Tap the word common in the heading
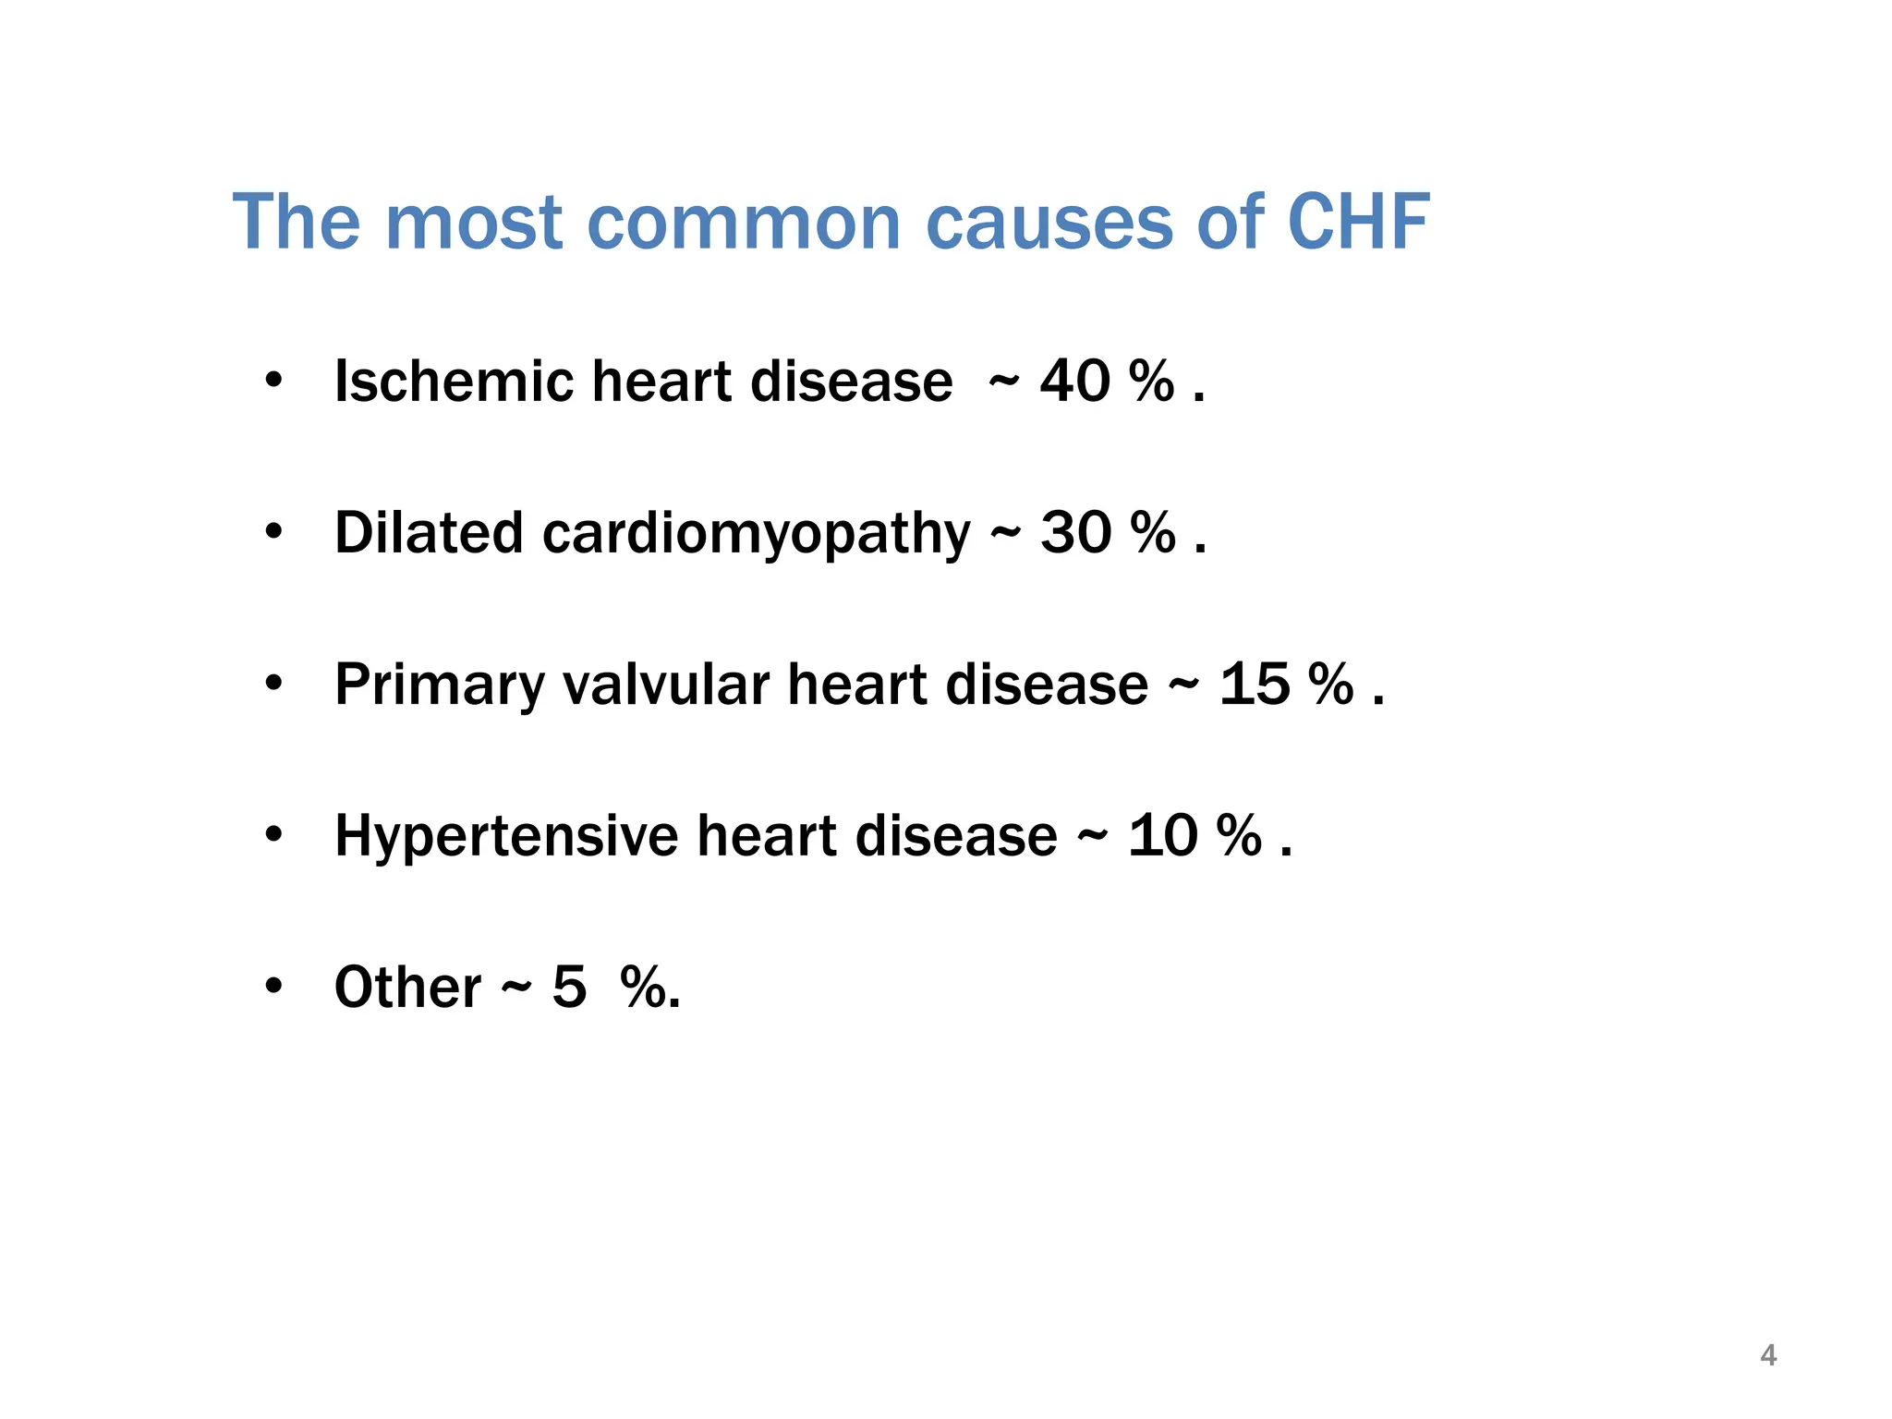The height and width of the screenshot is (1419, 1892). pos(744,223)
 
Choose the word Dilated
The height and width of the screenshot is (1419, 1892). pos(429,533)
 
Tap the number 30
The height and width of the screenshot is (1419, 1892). pos(1075,533)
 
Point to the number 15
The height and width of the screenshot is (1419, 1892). pos(1254,685)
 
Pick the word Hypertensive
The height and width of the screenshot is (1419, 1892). pos(506,837)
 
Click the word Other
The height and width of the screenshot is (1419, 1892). pos(407,988)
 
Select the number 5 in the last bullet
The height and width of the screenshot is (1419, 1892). pos(569,988)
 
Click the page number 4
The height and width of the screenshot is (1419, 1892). pos(1768,1355)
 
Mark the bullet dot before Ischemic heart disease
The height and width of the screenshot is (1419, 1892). pos(273,380)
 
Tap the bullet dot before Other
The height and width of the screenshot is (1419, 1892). pos(273,986)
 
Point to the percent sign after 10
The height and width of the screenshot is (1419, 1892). pos(1239,836)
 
